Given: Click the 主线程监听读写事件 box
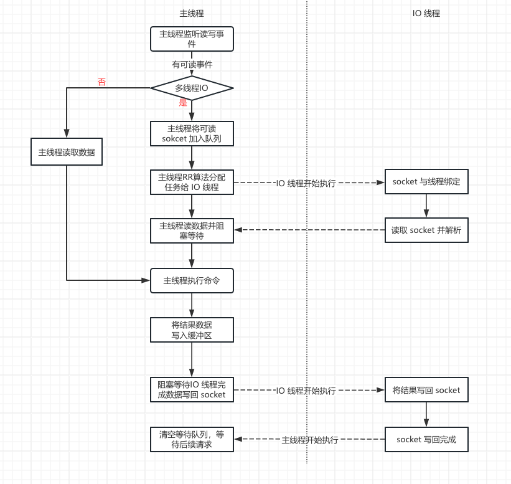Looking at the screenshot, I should (192, 39).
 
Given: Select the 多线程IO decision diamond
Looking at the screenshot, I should (192, 88).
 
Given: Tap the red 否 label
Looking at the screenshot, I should (101, 82).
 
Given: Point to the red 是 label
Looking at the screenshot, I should (183, 103).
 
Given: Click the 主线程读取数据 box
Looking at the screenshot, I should (67, 152).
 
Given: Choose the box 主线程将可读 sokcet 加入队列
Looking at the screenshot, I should (192, 133).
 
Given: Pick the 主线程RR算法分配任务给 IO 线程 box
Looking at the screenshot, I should (192, 182).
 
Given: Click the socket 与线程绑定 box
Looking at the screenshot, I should (426, 182).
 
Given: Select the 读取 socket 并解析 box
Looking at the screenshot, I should (426, 230).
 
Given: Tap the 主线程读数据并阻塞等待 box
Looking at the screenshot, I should (192, 230).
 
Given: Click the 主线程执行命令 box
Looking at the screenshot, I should (192, 280).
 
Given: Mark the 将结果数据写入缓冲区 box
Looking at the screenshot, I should (192, 330).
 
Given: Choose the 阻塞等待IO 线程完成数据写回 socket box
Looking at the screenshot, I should (192, 390).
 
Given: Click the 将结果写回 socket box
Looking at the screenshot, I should (426, 390).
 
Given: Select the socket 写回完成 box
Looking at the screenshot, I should (426, 439).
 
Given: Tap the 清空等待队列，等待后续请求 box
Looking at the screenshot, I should (192, 439).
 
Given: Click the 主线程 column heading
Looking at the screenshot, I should (191, 13).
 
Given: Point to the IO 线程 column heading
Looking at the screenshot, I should (426, 13).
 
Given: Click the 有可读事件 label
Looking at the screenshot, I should (192, 64).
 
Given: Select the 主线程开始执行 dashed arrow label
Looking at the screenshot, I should (310, 440).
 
